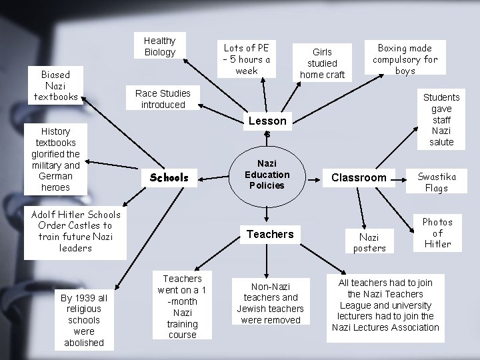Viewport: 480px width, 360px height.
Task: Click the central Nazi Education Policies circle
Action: point(267,175)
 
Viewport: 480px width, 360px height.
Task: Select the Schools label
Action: point(169,178)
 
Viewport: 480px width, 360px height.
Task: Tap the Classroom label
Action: point(359,177)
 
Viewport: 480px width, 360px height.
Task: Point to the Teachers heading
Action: point(270,234)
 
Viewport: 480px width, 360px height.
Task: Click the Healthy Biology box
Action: point(160,47)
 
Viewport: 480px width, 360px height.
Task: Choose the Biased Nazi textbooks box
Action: point(55,85)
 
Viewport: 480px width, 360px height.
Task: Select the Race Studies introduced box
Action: point(163,99)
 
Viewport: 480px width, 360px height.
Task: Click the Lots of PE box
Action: point(247,59)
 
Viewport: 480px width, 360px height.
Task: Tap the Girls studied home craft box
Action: point(322,63)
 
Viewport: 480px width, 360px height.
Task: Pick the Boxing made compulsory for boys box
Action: point(405,59)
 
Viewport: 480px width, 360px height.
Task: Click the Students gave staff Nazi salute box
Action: point(441,119)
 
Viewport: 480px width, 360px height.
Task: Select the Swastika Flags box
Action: point(437,182)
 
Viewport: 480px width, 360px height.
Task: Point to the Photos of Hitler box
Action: point(437,233)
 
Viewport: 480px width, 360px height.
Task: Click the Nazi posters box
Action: point(369,242)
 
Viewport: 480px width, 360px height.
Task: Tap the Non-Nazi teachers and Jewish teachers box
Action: point(270,303)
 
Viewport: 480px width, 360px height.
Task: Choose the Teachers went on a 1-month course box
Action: point(182,306)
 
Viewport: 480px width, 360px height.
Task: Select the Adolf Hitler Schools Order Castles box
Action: point(75,231)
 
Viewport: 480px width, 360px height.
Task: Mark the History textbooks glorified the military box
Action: point(55,159)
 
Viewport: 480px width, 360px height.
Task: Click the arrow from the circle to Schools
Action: point(213,177)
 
